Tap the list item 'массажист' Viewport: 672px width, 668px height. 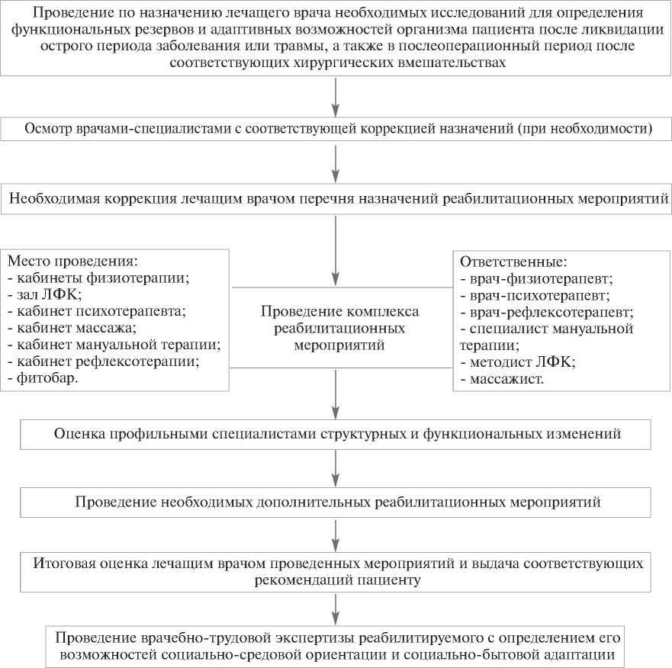point(503,377)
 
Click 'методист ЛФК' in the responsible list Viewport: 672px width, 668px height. point(519,361)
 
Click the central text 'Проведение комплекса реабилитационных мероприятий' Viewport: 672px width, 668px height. point(340,328)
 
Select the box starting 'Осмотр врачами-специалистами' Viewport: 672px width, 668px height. point(336,128)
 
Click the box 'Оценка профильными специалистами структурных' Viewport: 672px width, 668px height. point(336,434)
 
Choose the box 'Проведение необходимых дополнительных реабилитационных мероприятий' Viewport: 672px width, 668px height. point(336,503)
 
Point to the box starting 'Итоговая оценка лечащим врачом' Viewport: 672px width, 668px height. point(336,572)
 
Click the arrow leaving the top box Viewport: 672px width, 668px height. point(336,95)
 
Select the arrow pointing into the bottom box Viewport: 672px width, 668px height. point(336,609)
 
